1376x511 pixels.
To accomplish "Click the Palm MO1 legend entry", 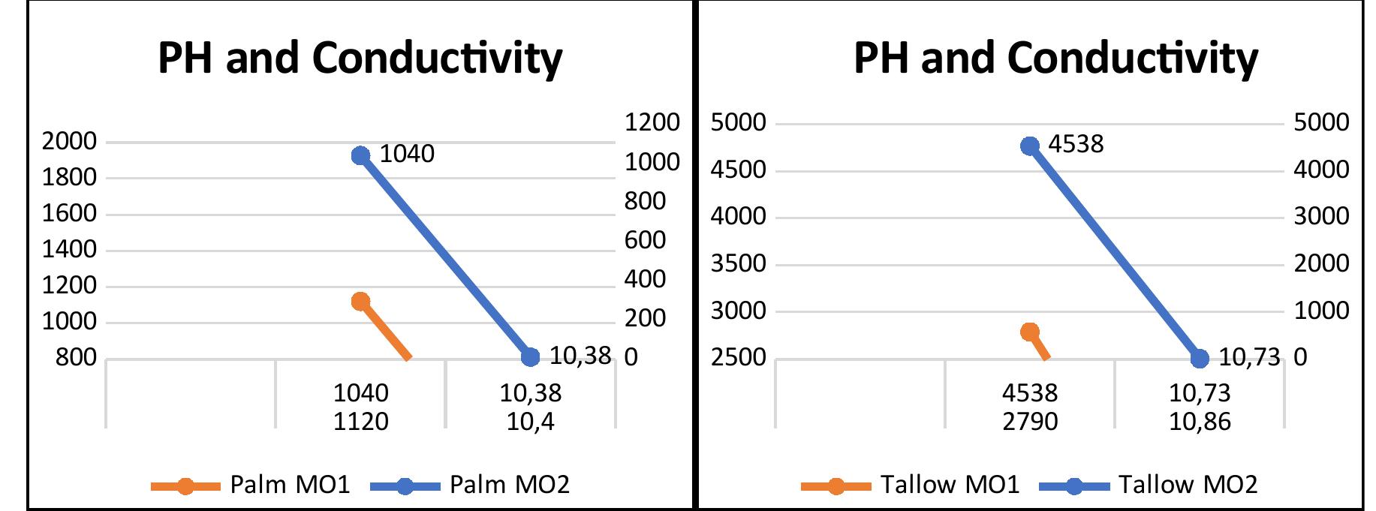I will [x=289, y=485].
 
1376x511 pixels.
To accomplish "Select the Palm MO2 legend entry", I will [x=509, y=485].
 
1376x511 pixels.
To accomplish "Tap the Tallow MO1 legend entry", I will [x=950, y=485].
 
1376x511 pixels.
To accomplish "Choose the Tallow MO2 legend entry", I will [x=1188, y=485].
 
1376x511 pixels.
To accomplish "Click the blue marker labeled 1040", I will [x=360, y=155].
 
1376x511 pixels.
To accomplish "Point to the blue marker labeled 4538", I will [x=1030, y=146].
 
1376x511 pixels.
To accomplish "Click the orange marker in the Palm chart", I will [x=360, y=301].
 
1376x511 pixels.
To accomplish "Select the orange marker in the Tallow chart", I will [x=1030, y=332].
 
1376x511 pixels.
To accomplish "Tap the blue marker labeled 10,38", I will [x=530, y=357].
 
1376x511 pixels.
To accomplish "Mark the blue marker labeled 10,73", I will [x=1200, y=358].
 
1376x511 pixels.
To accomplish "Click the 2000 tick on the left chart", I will [x=69, y=141].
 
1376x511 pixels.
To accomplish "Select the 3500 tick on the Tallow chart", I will [x=738, y=264].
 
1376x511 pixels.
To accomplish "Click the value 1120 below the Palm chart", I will [x=360, y=422].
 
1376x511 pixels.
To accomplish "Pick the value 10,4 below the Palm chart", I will [x=530, y=422].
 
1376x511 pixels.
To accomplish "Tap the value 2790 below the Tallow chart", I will [x=1030, y=422].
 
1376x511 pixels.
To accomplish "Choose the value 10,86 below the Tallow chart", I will [x=1200, y=422].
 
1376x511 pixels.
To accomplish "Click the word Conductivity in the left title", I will [x=437, y=58].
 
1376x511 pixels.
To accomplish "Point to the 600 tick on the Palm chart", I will [x=645, y=240].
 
